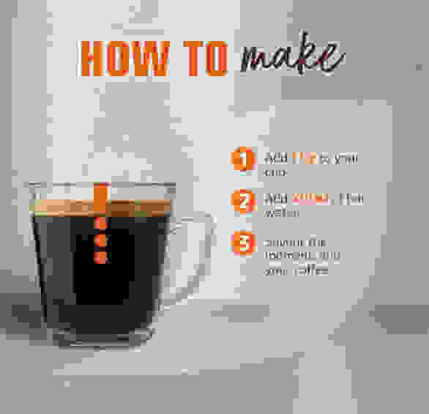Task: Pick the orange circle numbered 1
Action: tap(242, 160)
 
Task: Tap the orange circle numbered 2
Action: tap(242, 201)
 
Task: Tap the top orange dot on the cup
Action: tap(101, 225)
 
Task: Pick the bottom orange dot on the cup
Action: tap(101, 256)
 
